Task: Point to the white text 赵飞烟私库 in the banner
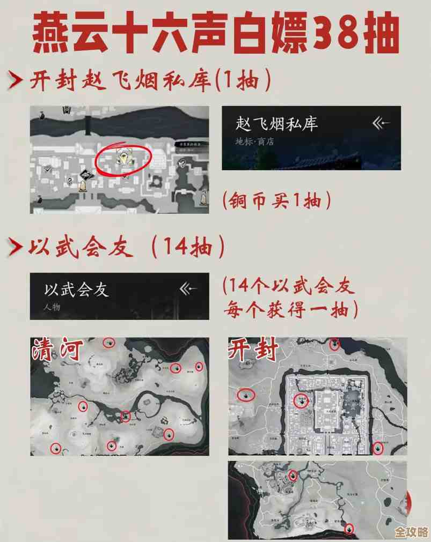pyautogui.click(x=276, y=124)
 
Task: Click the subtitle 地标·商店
pyautogui.click(x=254, y=142)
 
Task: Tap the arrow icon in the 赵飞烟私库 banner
pyautogui.click(x=382, y=124)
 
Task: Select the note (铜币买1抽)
pyautogui.click(x=276, y=201)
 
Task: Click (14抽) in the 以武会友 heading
pyautogui.click(x=187, y=247)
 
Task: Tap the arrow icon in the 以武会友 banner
pyautogui.click(x=189, y=289)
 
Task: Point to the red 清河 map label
pyautogui.click(x=56, y=350)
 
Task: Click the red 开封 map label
pyautogui.click(x=253, y=350)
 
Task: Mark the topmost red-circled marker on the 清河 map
pyautogui.click(x=109, y=343)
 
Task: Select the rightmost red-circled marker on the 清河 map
pyautogui.click(x=199, y=367)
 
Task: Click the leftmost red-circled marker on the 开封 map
pyautogui.click(x=246, y=396)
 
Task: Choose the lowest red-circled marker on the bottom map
pyautogui.click(x=349, y=529)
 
